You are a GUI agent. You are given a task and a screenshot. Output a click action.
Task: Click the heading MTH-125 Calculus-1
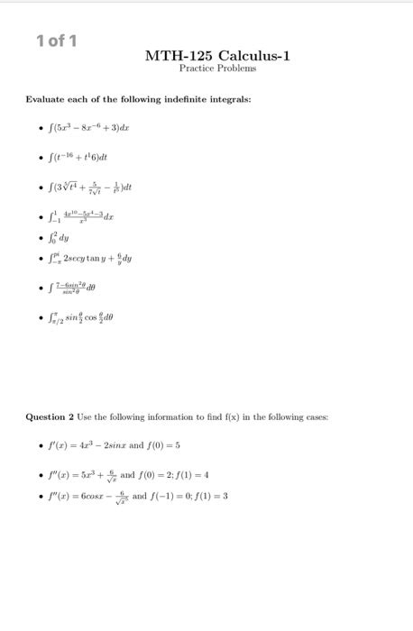coord(217,56)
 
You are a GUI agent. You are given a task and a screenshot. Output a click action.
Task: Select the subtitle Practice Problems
coord(217,69)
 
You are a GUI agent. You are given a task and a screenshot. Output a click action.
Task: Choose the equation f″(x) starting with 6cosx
coord(99,497)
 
